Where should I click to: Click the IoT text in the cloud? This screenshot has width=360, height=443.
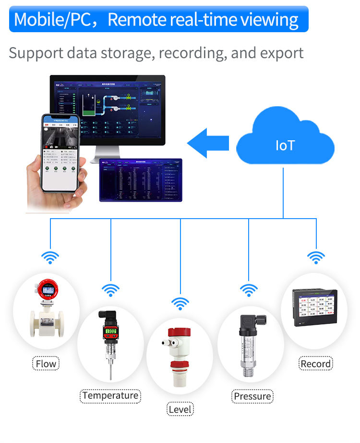point(285,146)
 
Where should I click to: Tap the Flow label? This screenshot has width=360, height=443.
point(46,364)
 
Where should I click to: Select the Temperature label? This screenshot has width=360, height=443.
point(110,395)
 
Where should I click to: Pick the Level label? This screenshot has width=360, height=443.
point(180,409)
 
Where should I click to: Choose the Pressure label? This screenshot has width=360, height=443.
point(252,396)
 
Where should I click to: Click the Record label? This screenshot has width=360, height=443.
point(315,364)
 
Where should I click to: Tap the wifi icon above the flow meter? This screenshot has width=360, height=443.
point(50,258)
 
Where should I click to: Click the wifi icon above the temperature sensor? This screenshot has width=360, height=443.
point(111,290)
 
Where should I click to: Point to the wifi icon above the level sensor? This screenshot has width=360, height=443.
point(180,304)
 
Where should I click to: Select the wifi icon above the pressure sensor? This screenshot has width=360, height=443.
point(248,290)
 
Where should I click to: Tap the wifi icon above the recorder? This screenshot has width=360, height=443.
point(316,258)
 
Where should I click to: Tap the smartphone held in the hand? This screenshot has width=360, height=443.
point(59,153)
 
